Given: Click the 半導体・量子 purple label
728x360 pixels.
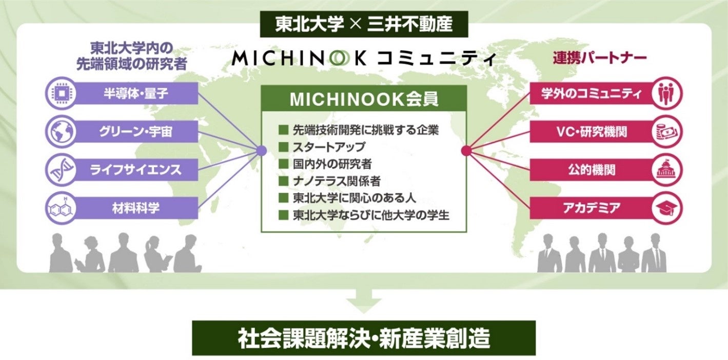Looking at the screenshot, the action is tap(136, 93).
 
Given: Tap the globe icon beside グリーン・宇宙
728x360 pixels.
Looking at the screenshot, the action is tap(60, 131).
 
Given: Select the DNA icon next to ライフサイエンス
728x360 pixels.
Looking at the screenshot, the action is tap(60, 170).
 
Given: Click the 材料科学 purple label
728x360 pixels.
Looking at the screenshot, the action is tap(136, 208).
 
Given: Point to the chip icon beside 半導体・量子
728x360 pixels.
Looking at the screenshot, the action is tap(60, 93).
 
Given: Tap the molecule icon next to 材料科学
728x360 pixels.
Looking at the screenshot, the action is tap(60, 208).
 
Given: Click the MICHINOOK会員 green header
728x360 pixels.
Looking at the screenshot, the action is tap(364, 98).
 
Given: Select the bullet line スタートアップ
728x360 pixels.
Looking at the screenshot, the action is tap(328, 147).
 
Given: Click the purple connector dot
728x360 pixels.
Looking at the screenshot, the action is tap(261, 151).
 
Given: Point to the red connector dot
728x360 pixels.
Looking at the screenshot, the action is tap(466, 151).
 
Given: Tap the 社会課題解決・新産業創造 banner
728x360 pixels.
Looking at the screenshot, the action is tap(364, 338).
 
